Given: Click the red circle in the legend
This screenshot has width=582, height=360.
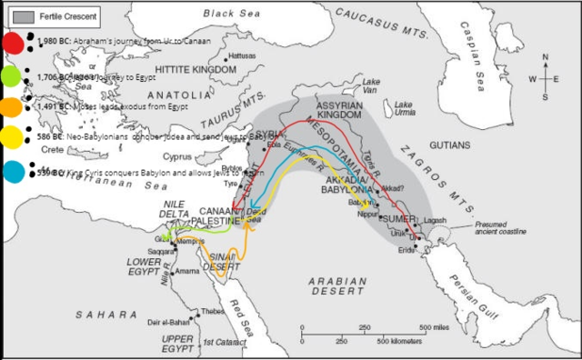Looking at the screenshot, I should tap(13, 42).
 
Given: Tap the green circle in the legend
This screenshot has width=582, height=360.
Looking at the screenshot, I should tap(13, 76).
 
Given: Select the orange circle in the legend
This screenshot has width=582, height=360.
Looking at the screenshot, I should tap(13, 107).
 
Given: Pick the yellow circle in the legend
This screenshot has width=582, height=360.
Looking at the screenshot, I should tap(13, 137).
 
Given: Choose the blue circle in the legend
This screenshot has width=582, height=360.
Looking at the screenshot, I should tap(13, 170).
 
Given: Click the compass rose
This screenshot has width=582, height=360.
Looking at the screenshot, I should tap(545, 78).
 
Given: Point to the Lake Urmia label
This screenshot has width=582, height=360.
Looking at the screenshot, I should tap(406, 118).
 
